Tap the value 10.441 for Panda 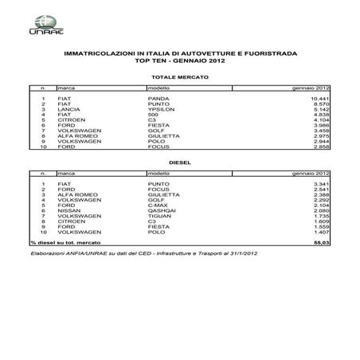point(319,98)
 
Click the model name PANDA point(158,98)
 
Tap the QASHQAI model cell point(162,211)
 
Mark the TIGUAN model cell point(158,217)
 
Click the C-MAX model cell point(158,205)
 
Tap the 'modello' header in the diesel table point(158,172)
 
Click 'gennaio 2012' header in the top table point(311,86)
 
